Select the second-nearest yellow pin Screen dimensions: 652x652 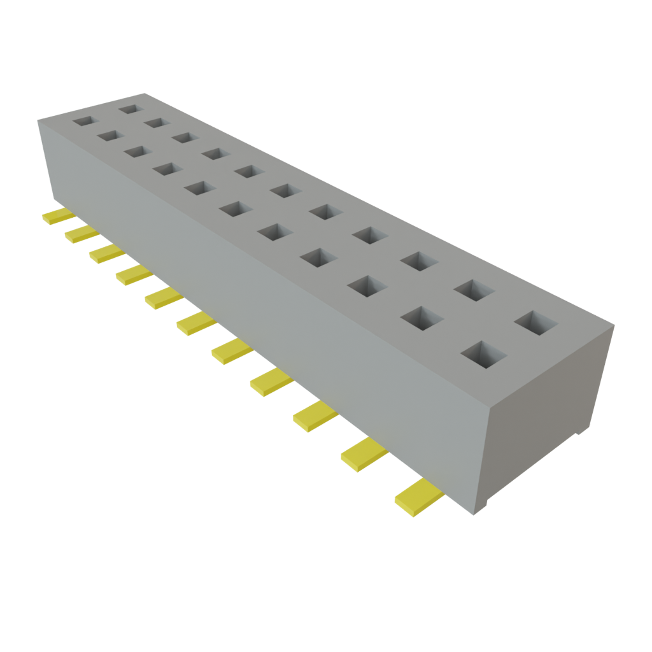coord(364,451)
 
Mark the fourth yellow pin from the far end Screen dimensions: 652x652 coord(134,274)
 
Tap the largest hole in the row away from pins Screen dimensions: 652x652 coord(535,322)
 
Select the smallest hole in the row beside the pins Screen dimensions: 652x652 coord(83,120)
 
